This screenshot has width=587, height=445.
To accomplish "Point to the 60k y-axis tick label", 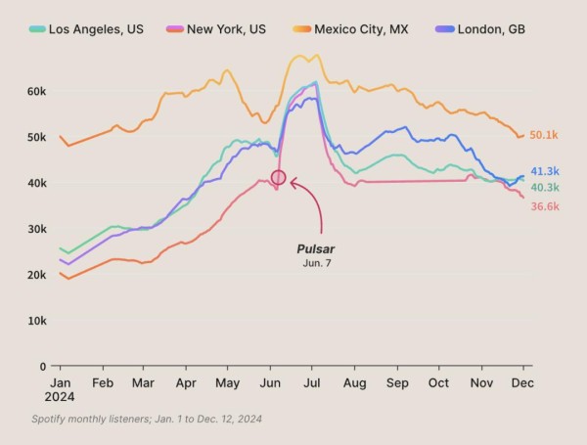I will point(36,91).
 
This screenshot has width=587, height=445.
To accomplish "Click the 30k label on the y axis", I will point(36,229).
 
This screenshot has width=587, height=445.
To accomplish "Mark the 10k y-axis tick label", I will point(36,321).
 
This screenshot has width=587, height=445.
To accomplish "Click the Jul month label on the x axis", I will point(312,384).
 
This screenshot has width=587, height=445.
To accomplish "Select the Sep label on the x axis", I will point(396,384).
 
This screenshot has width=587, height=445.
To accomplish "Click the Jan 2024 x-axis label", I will point(60,390).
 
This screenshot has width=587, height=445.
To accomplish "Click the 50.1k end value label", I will point(544,135).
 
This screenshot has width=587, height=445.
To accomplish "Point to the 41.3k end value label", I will point(545,171).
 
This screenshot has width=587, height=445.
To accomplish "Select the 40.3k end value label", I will point(545,187).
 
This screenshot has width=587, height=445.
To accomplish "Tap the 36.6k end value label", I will point(545,206).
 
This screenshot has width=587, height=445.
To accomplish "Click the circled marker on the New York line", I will point(278,178).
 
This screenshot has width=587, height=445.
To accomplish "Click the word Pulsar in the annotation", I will point(316,249).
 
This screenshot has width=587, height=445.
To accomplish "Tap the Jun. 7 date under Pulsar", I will point(316,264).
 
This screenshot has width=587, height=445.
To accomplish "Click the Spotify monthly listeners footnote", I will point(147,419).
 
